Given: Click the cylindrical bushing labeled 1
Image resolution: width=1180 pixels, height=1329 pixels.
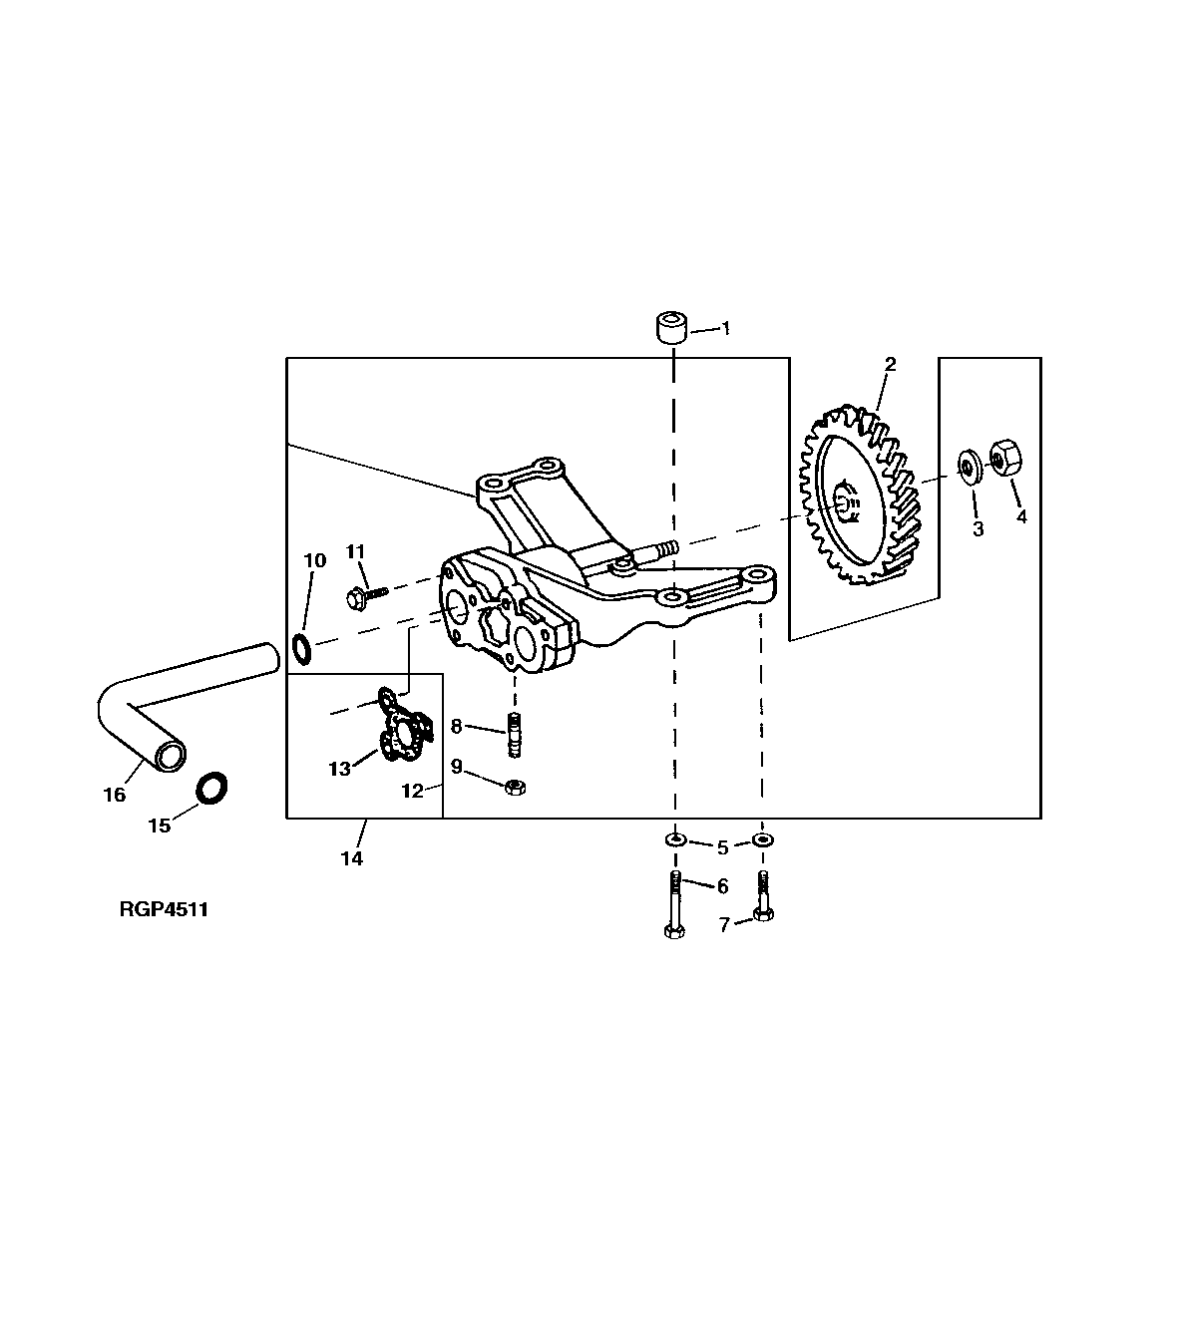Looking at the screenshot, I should (670, 328).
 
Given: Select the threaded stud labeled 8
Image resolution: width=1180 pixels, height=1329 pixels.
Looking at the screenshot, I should (515, 736).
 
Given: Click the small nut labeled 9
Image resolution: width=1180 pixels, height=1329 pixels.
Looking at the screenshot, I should (516, 787).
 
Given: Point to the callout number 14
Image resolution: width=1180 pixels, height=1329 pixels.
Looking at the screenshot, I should (352, 858).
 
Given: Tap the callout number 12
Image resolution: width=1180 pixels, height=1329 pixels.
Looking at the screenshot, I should (413, 792).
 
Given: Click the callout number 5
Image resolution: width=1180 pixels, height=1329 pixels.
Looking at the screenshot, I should (721, 847).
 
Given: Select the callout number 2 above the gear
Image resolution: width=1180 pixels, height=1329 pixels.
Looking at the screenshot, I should (890, 365).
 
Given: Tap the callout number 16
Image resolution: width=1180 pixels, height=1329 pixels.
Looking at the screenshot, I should (115, 795).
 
